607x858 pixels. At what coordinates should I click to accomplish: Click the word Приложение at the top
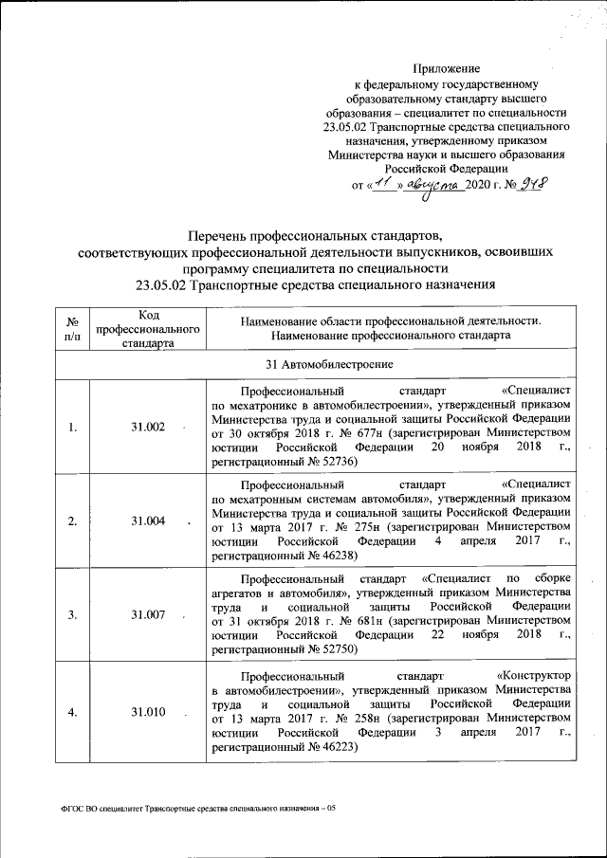(446, 68)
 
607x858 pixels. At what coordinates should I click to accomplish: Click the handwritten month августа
(432, 186)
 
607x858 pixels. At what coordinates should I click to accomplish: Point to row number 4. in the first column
(72, 712)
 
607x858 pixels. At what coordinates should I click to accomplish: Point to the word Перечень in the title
(221, 233)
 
